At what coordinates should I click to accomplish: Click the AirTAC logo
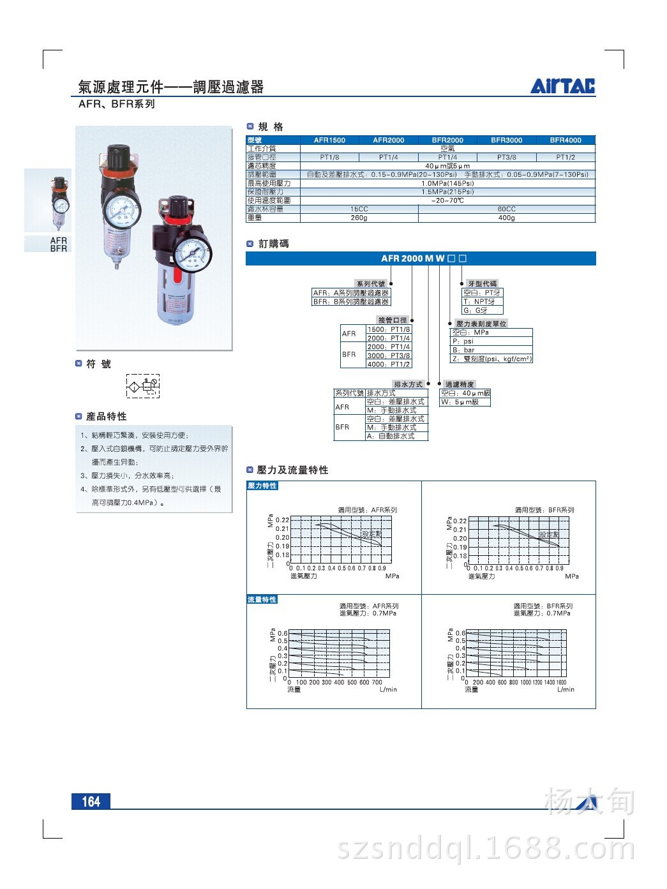562,86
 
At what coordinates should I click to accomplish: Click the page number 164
91,802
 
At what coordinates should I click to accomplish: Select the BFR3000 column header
506,140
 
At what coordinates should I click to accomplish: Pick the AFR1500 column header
329,140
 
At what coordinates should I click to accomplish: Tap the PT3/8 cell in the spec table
506,157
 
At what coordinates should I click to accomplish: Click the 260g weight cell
359,218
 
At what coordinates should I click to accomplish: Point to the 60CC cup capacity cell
506,209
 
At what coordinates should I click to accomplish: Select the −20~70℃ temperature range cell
447,200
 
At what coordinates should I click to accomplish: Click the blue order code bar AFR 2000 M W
421,258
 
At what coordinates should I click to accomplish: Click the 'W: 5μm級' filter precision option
461,402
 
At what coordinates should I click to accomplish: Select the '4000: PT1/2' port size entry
388,364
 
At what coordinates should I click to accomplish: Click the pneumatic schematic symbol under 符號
142,386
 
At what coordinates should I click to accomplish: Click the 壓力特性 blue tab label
262,486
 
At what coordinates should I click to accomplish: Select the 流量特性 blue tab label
262,599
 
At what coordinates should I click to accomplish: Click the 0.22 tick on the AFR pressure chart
282,520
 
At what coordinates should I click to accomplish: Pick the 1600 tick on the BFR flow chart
561,682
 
